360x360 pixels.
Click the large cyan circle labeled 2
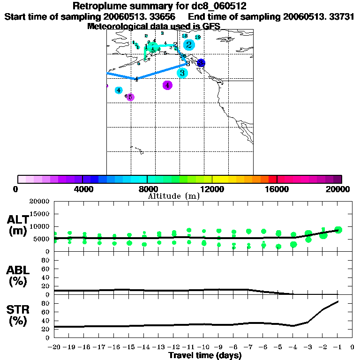click(188, 45)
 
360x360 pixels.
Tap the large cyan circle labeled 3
click(182, 73)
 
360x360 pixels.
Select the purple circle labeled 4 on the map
click(167, 85)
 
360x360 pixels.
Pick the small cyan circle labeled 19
click(198, 37)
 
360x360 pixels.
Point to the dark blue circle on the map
click(201, 63)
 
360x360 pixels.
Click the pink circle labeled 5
click(130, 97)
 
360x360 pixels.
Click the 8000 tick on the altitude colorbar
click(147, 179)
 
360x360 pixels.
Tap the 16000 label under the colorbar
click(277, 189)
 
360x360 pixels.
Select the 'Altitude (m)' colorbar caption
click(173, 196)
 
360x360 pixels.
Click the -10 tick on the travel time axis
click(203, 347)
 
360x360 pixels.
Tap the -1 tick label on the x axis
click(337, 347)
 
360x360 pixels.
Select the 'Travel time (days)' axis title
click(205, 355)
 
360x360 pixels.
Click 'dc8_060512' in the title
click(217, 6)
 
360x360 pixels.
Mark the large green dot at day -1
click(338, 230)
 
